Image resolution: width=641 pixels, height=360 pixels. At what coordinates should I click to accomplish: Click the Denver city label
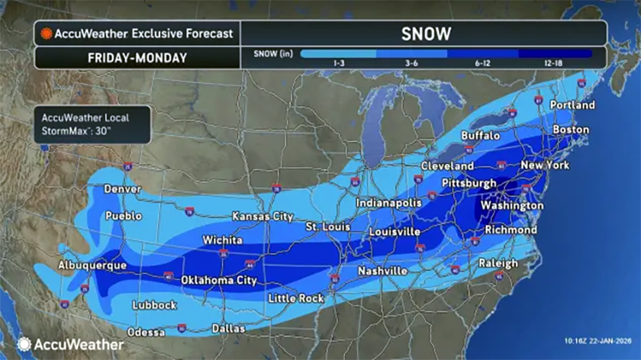[123, 188]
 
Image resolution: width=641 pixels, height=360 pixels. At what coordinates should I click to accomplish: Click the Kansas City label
[263, 217]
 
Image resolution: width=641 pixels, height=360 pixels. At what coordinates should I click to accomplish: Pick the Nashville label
[383, 271]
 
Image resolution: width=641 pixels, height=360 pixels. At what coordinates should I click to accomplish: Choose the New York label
[545, 166]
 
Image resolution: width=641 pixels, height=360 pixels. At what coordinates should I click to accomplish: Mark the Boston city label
[570, 130]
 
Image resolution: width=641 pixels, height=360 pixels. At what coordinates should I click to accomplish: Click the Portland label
[572, 104]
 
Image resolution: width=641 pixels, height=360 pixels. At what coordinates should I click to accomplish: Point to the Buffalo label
[481, 136]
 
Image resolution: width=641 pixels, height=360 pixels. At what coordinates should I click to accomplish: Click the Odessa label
[145, 333]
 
